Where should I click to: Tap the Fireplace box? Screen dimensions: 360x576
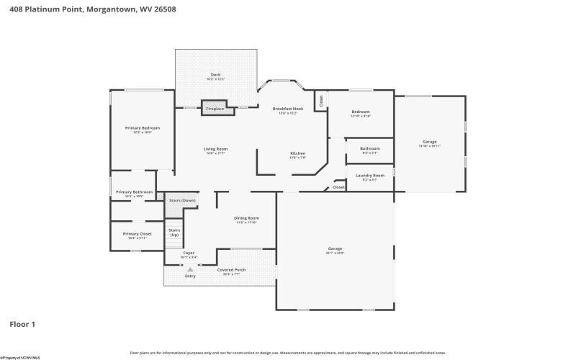coord(215,109)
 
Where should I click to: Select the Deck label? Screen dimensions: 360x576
coord(215,75)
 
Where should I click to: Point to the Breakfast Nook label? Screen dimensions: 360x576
coord(288,109)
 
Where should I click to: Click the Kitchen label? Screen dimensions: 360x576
coord(298,153)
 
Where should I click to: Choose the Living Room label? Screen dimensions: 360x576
coord(216,149)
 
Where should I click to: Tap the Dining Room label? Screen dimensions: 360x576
coord(246,217)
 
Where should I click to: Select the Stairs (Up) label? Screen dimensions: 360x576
coord(174,232)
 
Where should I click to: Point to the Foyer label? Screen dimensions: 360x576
coord(189,253)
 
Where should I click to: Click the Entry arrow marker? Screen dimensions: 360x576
coord(190,270)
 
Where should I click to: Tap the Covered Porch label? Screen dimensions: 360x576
coord(231,270)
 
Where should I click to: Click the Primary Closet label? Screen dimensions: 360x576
coord(137,234)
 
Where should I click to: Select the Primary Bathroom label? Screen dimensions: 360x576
coord(134,192)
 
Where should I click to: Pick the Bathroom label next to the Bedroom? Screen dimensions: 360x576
coord(370,148)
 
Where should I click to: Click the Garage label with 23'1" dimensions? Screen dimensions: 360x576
coord(335,248)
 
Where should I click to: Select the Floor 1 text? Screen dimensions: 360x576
coord(22,324)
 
